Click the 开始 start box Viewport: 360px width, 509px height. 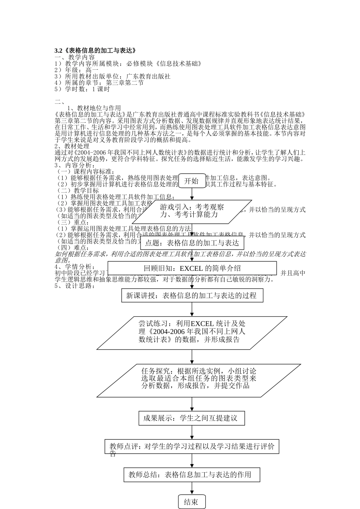pyautogui.click(x=192, y=181)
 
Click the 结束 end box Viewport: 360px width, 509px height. pyautogui.click(x=192, y=502)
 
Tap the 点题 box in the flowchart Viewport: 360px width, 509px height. pyautogui.click(x=192, y=243)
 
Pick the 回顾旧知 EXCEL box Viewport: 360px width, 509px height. pyautogui.click(x=192, y=268)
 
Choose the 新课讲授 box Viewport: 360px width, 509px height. pyautogui.click(x=192, y=295)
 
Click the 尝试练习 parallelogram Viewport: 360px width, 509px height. pyautogui.click(x=192, y=332)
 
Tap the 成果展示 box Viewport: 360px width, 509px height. pyautogui.click(x=192, y=418)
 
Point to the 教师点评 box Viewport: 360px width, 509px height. pyautogui.click(x=192, y=447)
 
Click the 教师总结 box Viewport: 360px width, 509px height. pyautogui.click(x=192, y=475)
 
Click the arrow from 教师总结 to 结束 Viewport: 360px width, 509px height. pyautogui.click(x=192, y=488)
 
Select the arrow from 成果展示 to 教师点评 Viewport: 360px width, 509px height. pyautogui.click(x=192, y=432)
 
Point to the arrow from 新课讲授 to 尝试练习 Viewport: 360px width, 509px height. pyautogui.click(x=192, y=309)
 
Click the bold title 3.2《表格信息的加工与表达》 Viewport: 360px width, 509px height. pyautogui.click(x=95, y=51)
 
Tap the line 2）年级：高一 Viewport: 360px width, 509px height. pyautogui.click(x=77, y=70)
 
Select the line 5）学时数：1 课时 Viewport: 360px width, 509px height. pyautogui.click(x=82, y=89)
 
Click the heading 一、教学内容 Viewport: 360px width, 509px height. pyautogui.click(x=75, y=58)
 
